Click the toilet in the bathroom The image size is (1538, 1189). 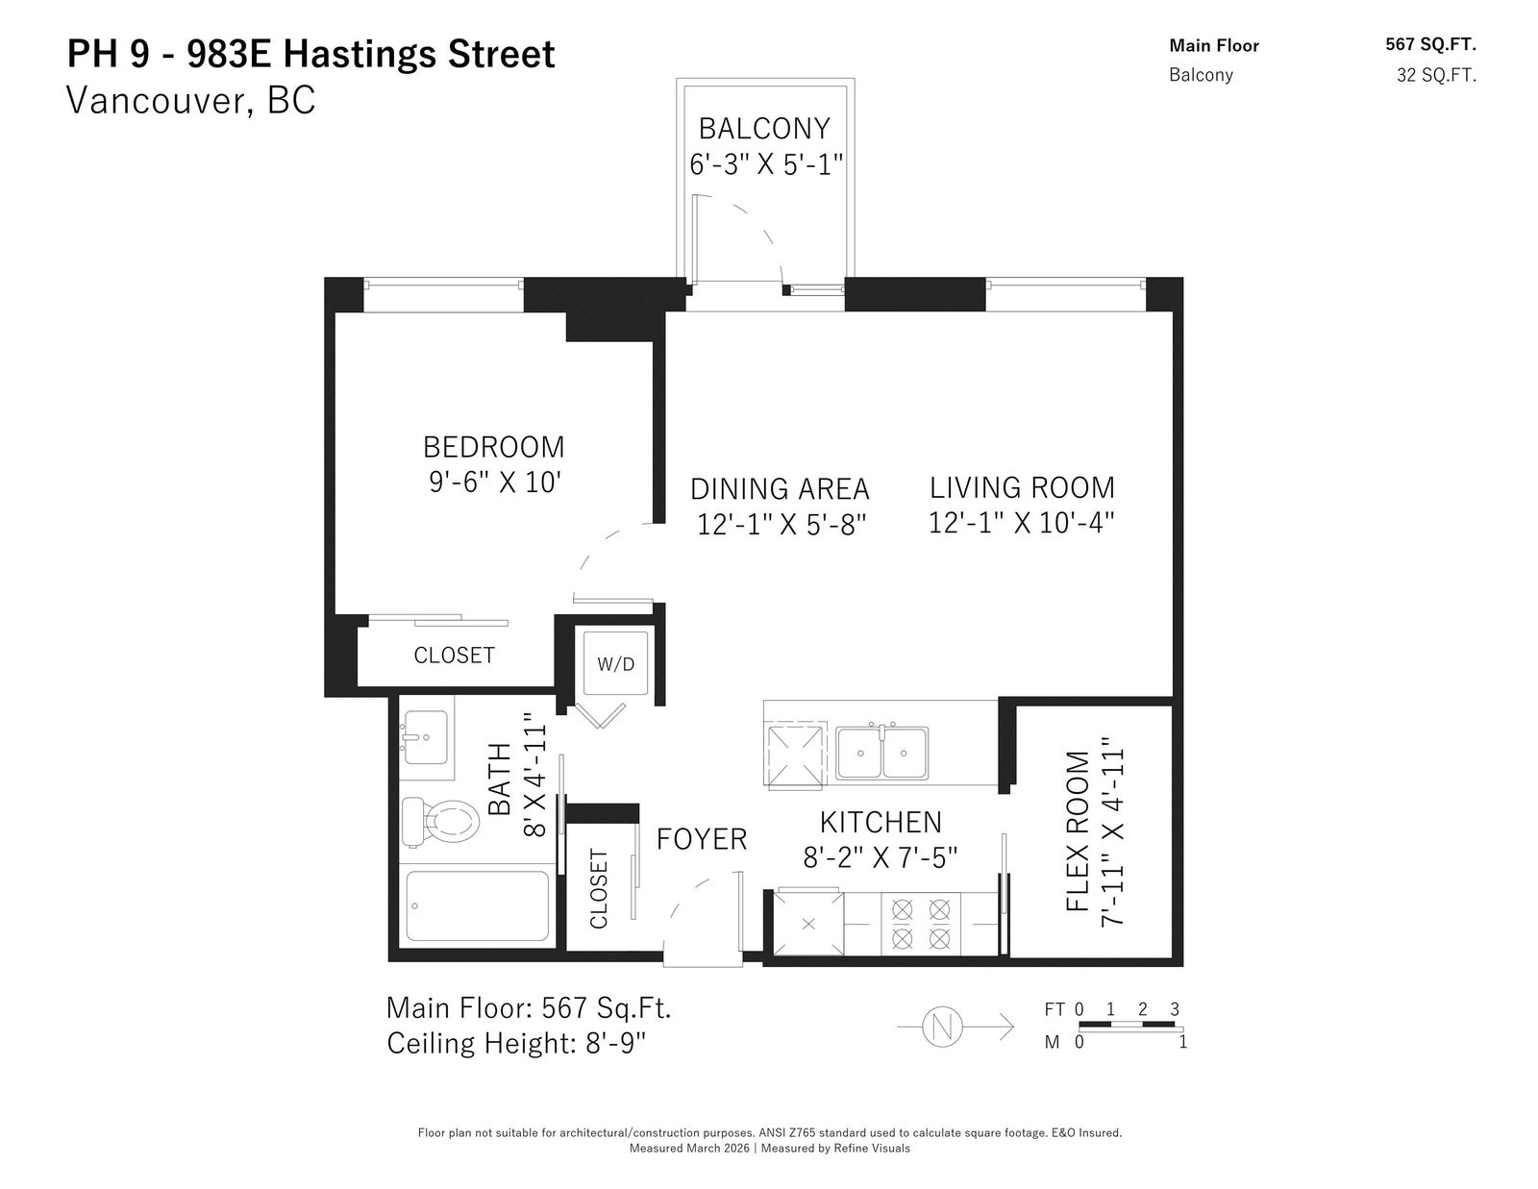439,822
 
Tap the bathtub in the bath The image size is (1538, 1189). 477,905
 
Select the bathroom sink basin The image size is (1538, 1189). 426,737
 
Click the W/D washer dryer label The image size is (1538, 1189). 616,664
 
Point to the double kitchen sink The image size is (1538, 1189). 881,753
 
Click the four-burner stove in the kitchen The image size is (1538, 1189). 920,923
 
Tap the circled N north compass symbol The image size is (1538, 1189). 942,1027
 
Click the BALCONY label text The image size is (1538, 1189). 764,129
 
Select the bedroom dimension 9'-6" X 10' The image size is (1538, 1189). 495,482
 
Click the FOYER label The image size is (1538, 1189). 702,839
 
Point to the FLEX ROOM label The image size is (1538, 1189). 1078,830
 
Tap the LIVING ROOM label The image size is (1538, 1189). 1021,487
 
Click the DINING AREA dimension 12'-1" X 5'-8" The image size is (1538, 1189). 781,525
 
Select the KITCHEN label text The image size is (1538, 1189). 881,823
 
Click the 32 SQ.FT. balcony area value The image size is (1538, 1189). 1436,75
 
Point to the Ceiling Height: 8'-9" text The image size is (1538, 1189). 516,1043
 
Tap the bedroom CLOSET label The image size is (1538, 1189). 454,656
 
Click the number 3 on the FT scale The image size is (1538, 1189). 1175,1008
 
